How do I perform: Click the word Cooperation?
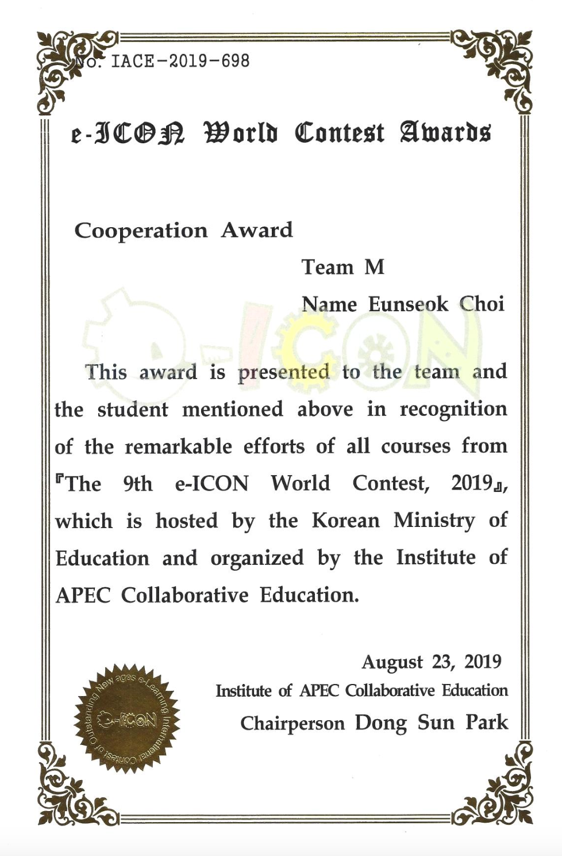click(141, 231)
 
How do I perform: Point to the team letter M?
click(374, 267)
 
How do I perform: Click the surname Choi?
click(481, 304)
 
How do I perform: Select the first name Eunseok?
click(408, 304)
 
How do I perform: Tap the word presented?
click(284, 373)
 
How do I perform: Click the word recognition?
click(453, 410)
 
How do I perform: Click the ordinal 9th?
click(138, 483)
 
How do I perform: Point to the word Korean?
click(346, 521)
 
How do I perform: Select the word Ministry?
click(434, 521)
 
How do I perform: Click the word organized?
click(257, 558)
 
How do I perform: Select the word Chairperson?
click(292, 723)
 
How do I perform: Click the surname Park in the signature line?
click(487, 722)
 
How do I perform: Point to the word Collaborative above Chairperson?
click(390, 690)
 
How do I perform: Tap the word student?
click(133, 410)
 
